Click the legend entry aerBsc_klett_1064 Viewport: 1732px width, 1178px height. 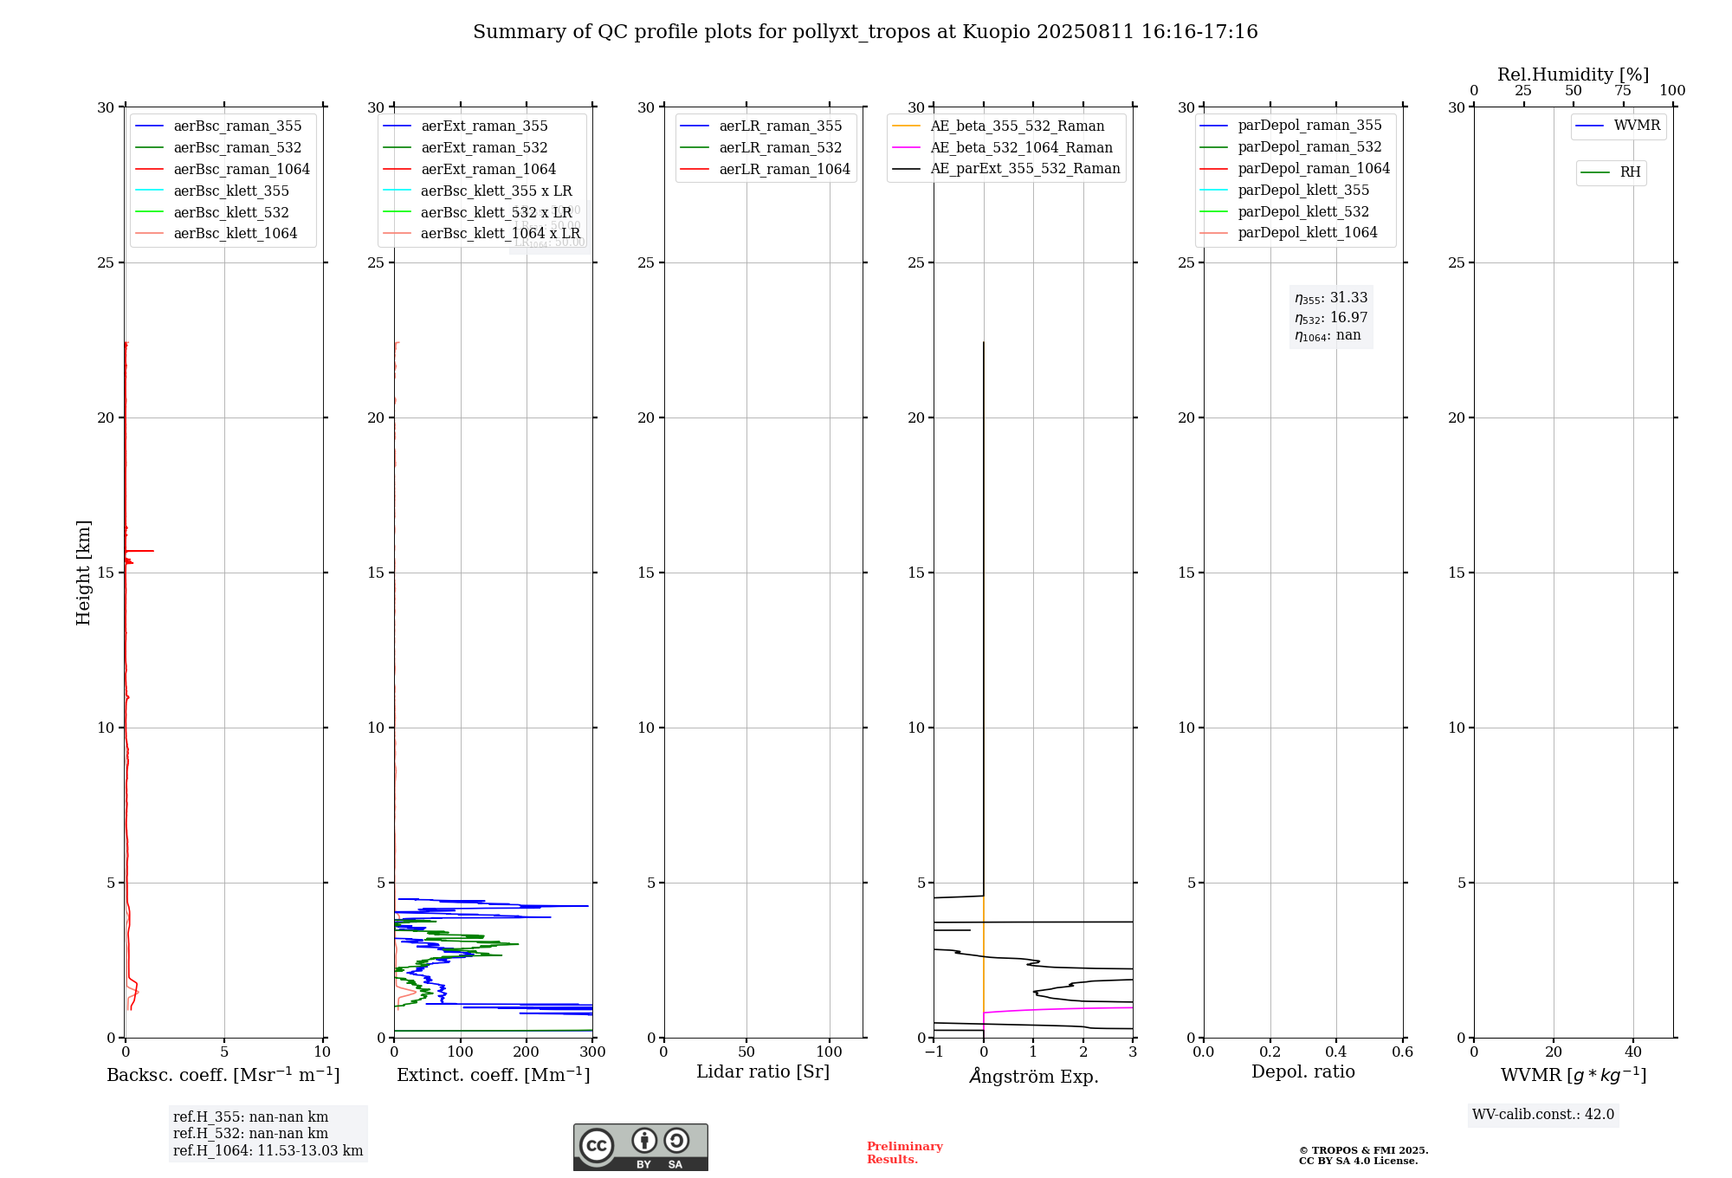pos(235,234)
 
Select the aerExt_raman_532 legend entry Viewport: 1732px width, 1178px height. pos(484,148)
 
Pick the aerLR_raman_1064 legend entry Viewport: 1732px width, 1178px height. pos(784,170)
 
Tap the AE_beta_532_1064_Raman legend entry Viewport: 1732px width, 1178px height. pos(1021,148)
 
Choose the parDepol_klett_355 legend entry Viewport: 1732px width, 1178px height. pos(1303,191)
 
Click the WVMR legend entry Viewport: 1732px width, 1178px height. pos(1637,126)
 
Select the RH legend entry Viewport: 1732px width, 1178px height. pos(1630,172)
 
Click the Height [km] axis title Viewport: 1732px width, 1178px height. pos(83,573)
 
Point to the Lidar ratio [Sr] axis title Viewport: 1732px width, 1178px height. pos(763,1072)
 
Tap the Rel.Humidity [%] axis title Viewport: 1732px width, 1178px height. pos(1573,74)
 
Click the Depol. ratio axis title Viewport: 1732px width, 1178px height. pos(1302,1072)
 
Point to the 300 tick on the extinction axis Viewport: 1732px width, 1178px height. pos(593,1052)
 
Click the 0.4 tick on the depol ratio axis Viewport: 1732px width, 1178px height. pos(1336,1052)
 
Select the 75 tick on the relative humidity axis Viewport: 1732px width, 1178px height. pos(1623,91)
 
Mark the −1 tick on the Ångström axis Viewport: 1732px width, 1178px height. pos(934,1052)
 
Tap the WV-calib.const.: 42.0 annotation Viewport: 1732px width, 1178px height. pos(1543,1115)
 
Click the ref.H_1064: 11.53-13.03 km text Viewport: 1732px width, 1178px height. pos(268,1151)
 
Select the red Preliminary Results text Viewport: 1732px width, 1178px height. pos(904,1153)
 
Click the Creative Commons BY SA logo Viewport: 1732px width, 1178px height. pos(640,1148)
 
